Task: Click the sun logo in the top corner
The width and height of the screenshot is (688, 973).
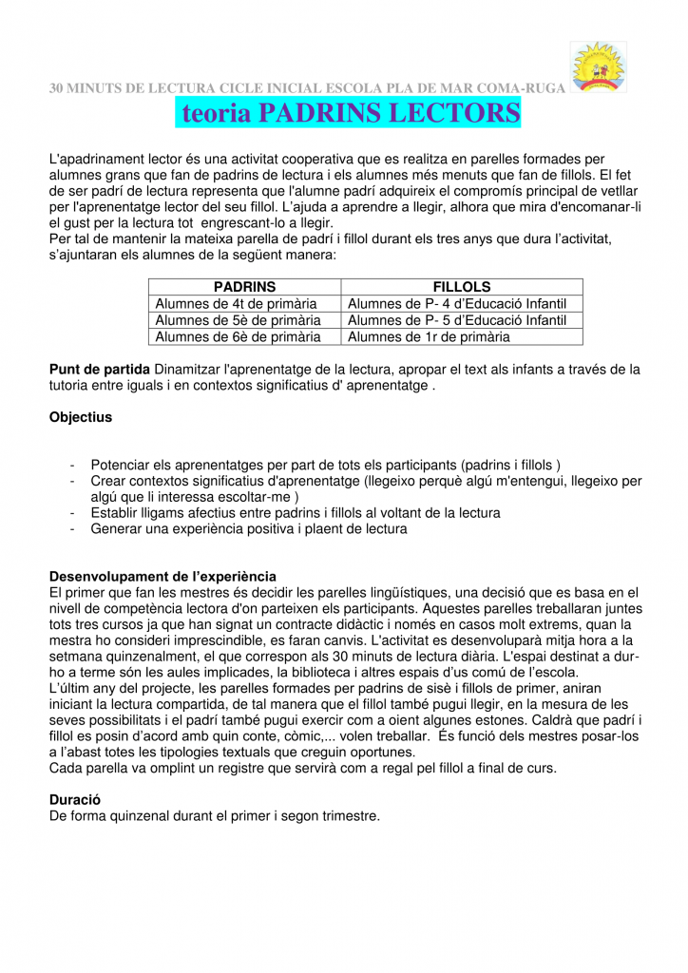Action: click(x=598, y=67)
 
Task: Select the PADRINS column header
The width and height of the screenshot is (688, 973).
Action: click(x=244, y=286)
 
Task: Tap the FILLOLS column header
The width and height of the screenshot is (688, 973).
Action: click(x=462, y=286)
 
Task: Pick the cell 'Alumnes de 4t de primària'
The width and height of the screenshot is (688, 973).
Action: click(x=236, y=303)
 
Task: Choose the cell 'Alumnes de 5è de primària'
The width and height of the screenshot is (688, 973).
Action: click(x=238, y=320)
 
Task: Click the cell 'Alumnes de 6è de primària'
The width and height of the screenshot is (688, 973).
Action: click(x=238, y=336)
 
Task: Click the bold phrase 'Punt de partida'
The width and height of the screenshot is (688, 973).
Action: click(x=100, y=369)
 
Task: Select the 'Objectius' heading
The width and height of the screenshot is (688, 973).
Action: click(x=81, y=417)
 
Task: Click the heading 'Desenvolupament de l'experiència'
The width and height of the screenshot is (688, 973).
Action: click(x=162, y=576)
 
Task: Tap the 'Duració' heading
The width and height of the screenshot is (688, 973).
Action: click(x=75, y=800)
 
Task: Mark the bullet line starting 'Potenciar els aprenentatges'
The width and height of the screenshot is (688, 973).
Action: click(x=325, y=465)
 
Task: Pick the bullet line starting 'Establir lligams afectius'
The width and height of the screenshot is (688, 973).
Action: click(x=296, y=513)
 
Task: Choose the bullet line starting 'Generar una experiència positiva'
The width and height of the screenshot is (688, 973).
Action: click(x=249, y=529)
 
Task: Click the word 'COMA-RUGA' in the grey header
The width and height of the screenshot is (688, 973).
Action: click(x=523, y=88)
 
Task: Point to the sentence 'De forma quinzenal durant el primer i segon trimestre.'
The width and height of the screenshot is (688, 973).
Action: click(x=215, y=815)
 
